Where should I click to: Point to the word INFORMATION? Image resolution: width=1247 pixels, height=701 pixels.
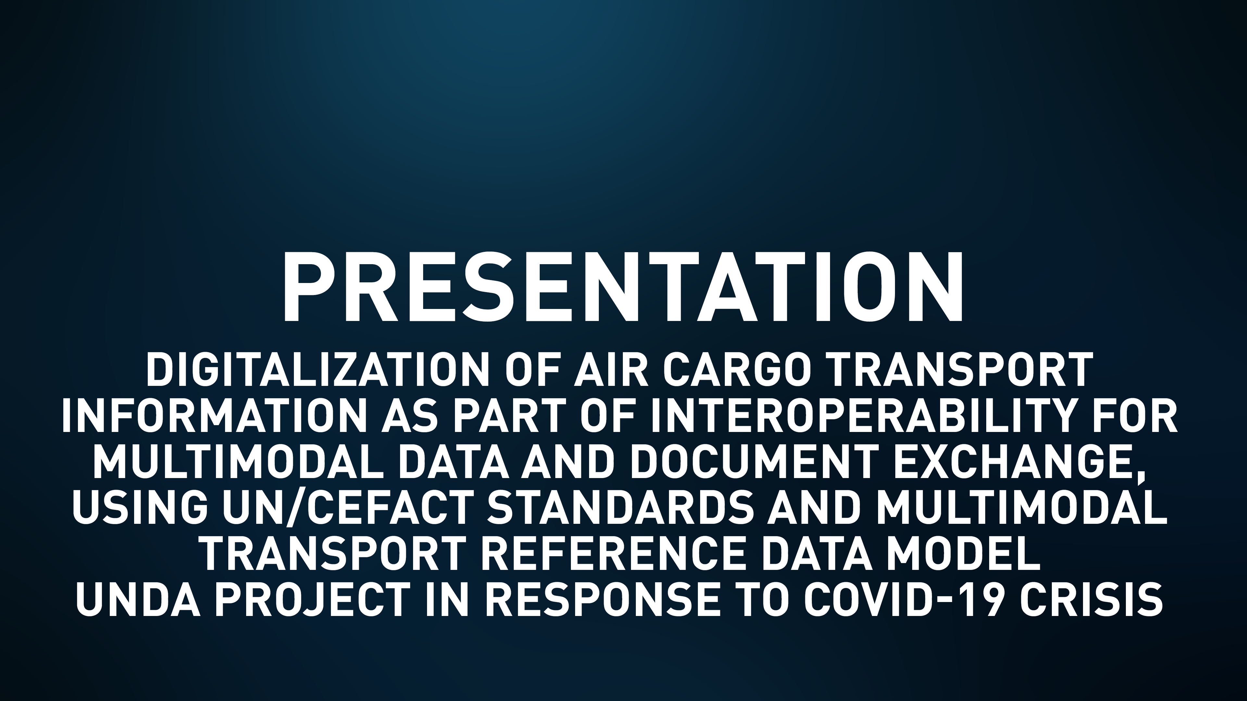(211, 416)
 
